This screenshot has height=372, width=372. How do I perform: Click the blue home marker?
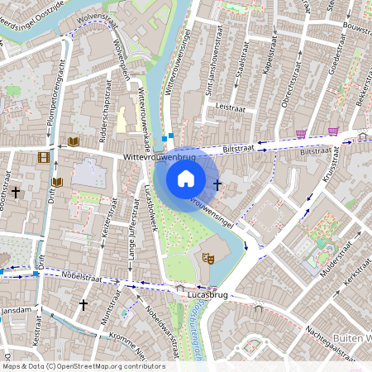(x=186, y=179)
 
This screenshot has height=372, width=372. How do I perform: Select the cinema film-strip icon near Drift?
(x=42, y=157)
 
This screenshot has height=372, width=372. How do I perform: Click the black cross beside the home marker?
(x=217, y=185)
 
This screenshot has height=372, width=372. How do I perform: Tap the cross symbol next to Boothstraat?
(x=15, y=192)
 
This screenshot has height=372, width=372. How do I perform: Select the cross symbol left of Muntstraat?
(x=83, y=304)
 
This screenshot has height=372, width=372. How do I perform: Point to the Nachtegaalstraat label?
(x=325, y=324)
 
